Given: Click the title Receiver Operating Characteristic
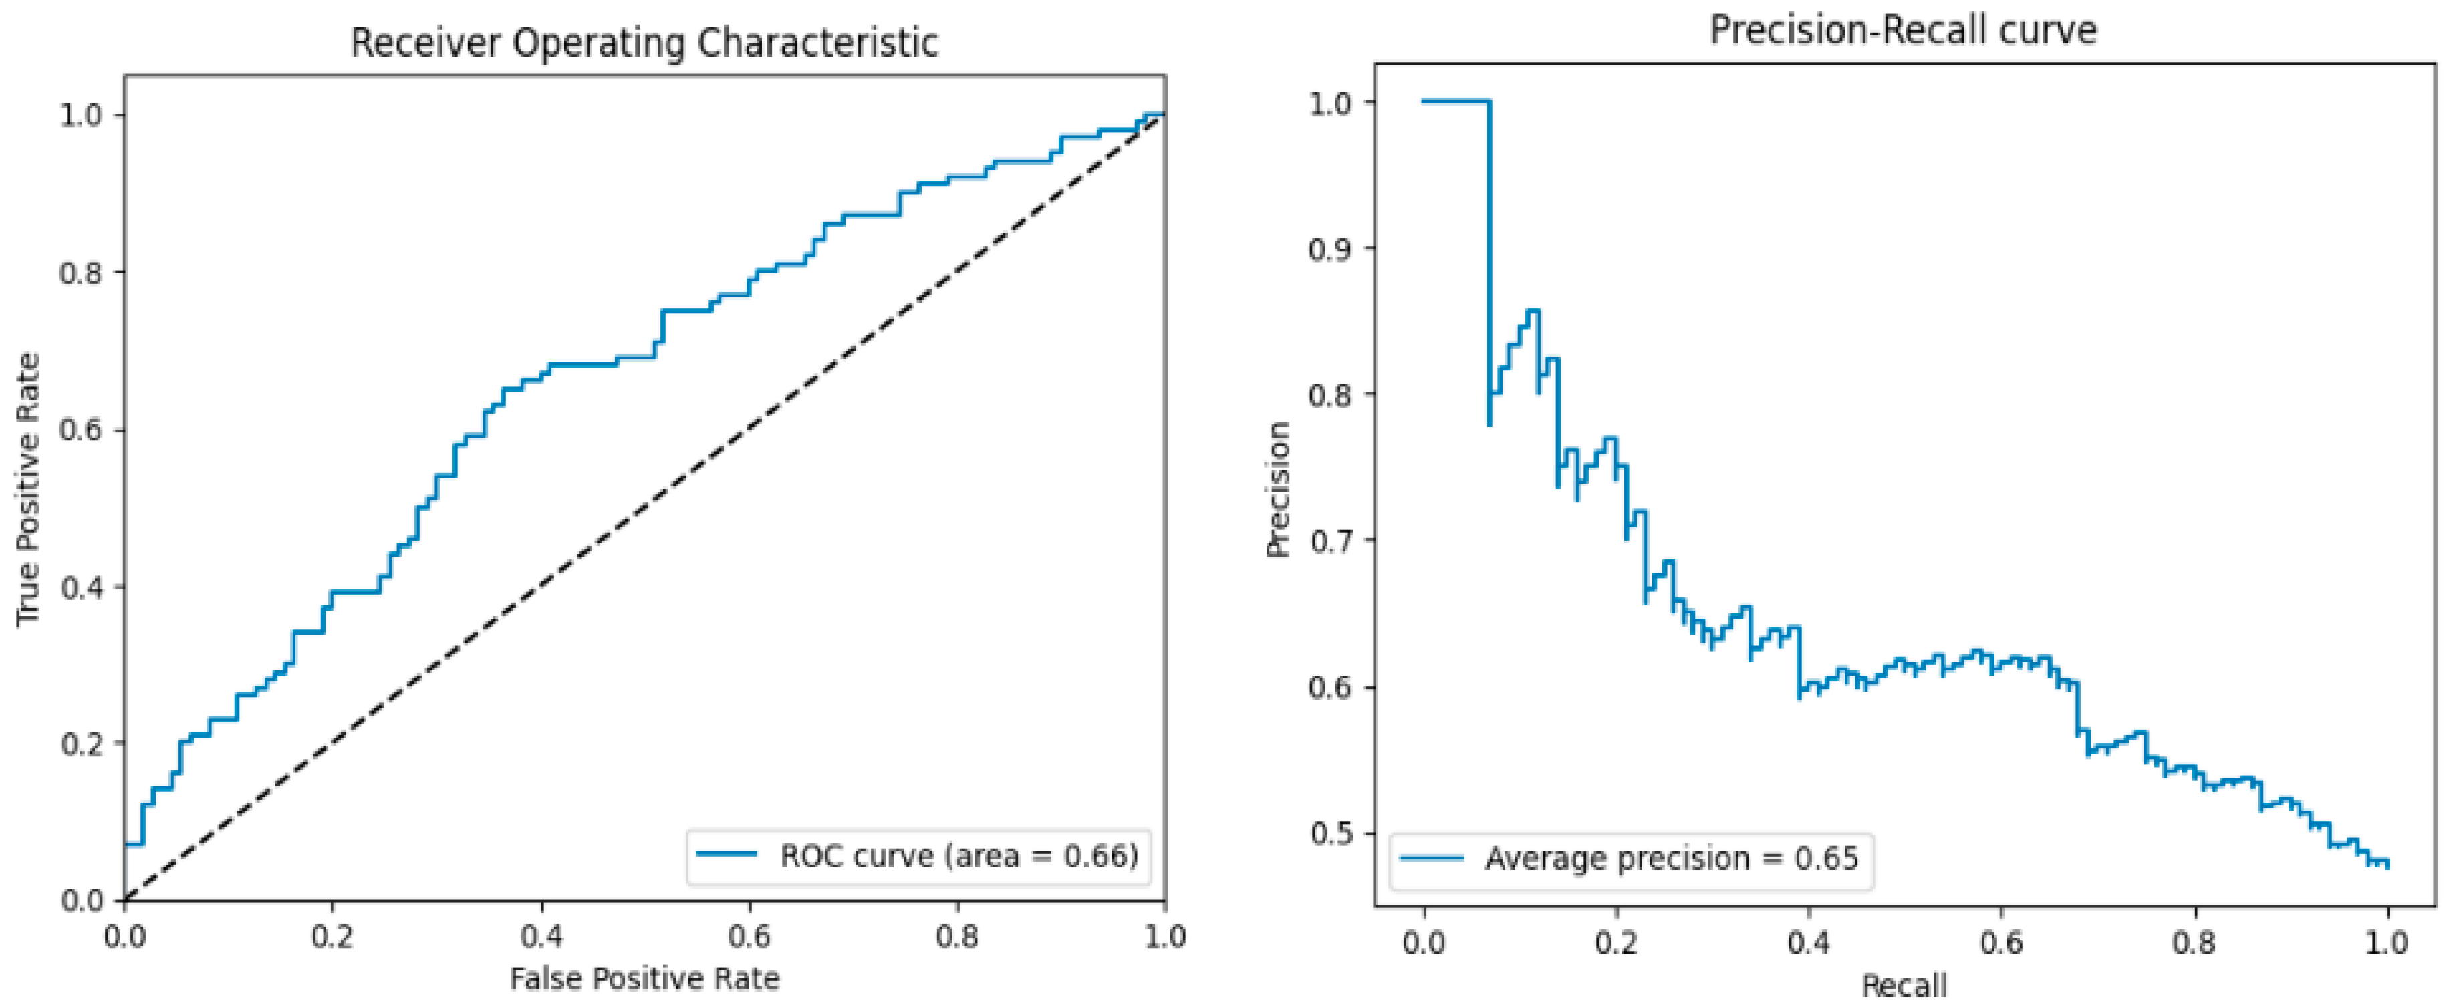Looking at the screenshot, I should click(x=645, y=43).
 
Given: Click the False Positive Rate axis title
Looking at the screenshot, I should click(x=645, y=978).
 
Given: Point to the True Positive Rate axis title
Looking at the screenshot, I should click(x=29, y=489).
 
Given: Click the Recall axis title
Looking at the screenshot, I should click(x=1904, y=985).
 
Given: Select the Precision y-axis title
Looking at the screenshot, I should click(x=1278, y=489).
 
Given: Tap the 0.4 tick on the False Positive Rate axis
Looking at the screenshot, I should click(x=541, y=936).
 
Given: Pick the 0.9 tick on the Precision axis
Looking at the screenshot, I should click(x=1331, y=248).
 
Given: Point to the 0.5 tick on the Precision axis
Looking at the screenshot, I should click(x=1331, y=833).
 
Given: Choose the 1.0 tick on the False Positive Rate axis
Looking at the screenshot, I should click(x=1164, y=936).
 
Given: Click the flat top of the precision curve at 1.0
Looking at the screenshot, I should click(x=1456, y=101).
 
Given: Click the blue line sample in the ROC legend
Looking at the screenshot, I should click(x=727, y=855).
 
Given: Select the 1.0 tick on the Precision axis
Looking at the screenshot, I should click(x=1331, y=102).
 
